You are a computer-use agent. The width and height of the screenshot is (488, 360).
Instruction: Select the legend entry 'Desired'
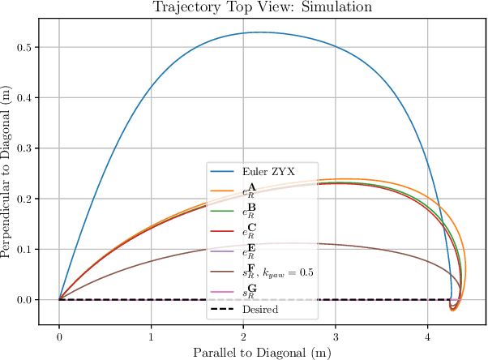click(x=260, y=309)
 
